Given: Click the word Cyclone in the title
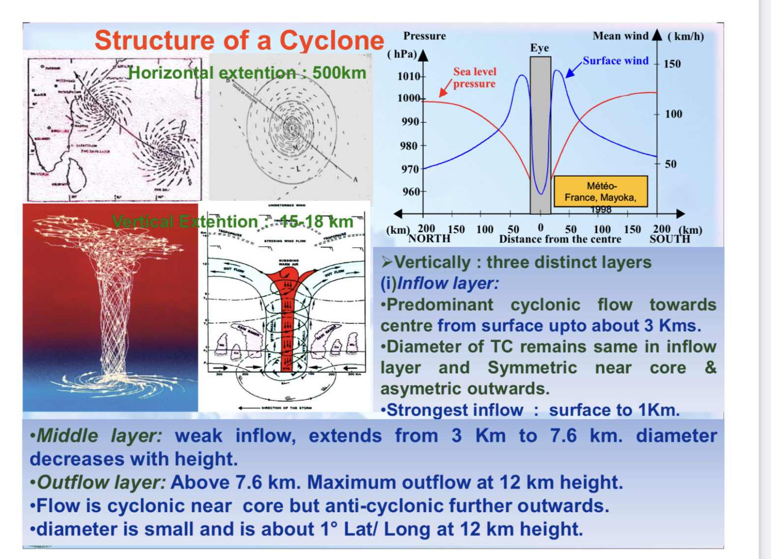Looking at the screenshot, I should click(x=332, y=40).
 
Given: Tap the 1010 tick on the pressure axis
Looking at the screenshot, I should click(x=409, y=76).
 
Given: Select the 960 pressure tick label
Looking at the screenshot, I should click(x=411, y=191).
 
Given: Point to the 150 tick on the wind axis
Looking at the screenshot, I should click(x=672, y=64).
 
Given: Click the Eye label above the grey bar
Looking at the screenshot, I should click(x=539, y=48).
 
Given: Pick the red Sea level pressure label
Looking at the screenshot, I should click(x=474, y=78).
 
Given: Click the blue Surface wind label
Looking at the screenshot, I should click(x=616, y=61).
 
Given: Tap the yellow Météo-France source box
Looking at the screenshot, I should click(x=600, y=191).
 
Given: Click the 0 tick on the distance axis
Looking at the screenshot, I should click(x=540, y=228).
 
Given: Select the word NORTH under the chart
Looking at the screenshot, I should click(x=429, y=239).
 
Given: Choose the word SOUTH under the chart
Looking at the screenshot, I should click(x=670, y=239).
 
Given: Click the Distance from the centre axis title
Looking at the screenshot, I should click(x=560, y=239).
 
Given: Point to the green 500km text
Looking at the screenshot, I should click(x=339, y=73).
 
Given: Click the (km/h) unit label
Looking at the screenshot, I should click(x=685, y=36).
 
